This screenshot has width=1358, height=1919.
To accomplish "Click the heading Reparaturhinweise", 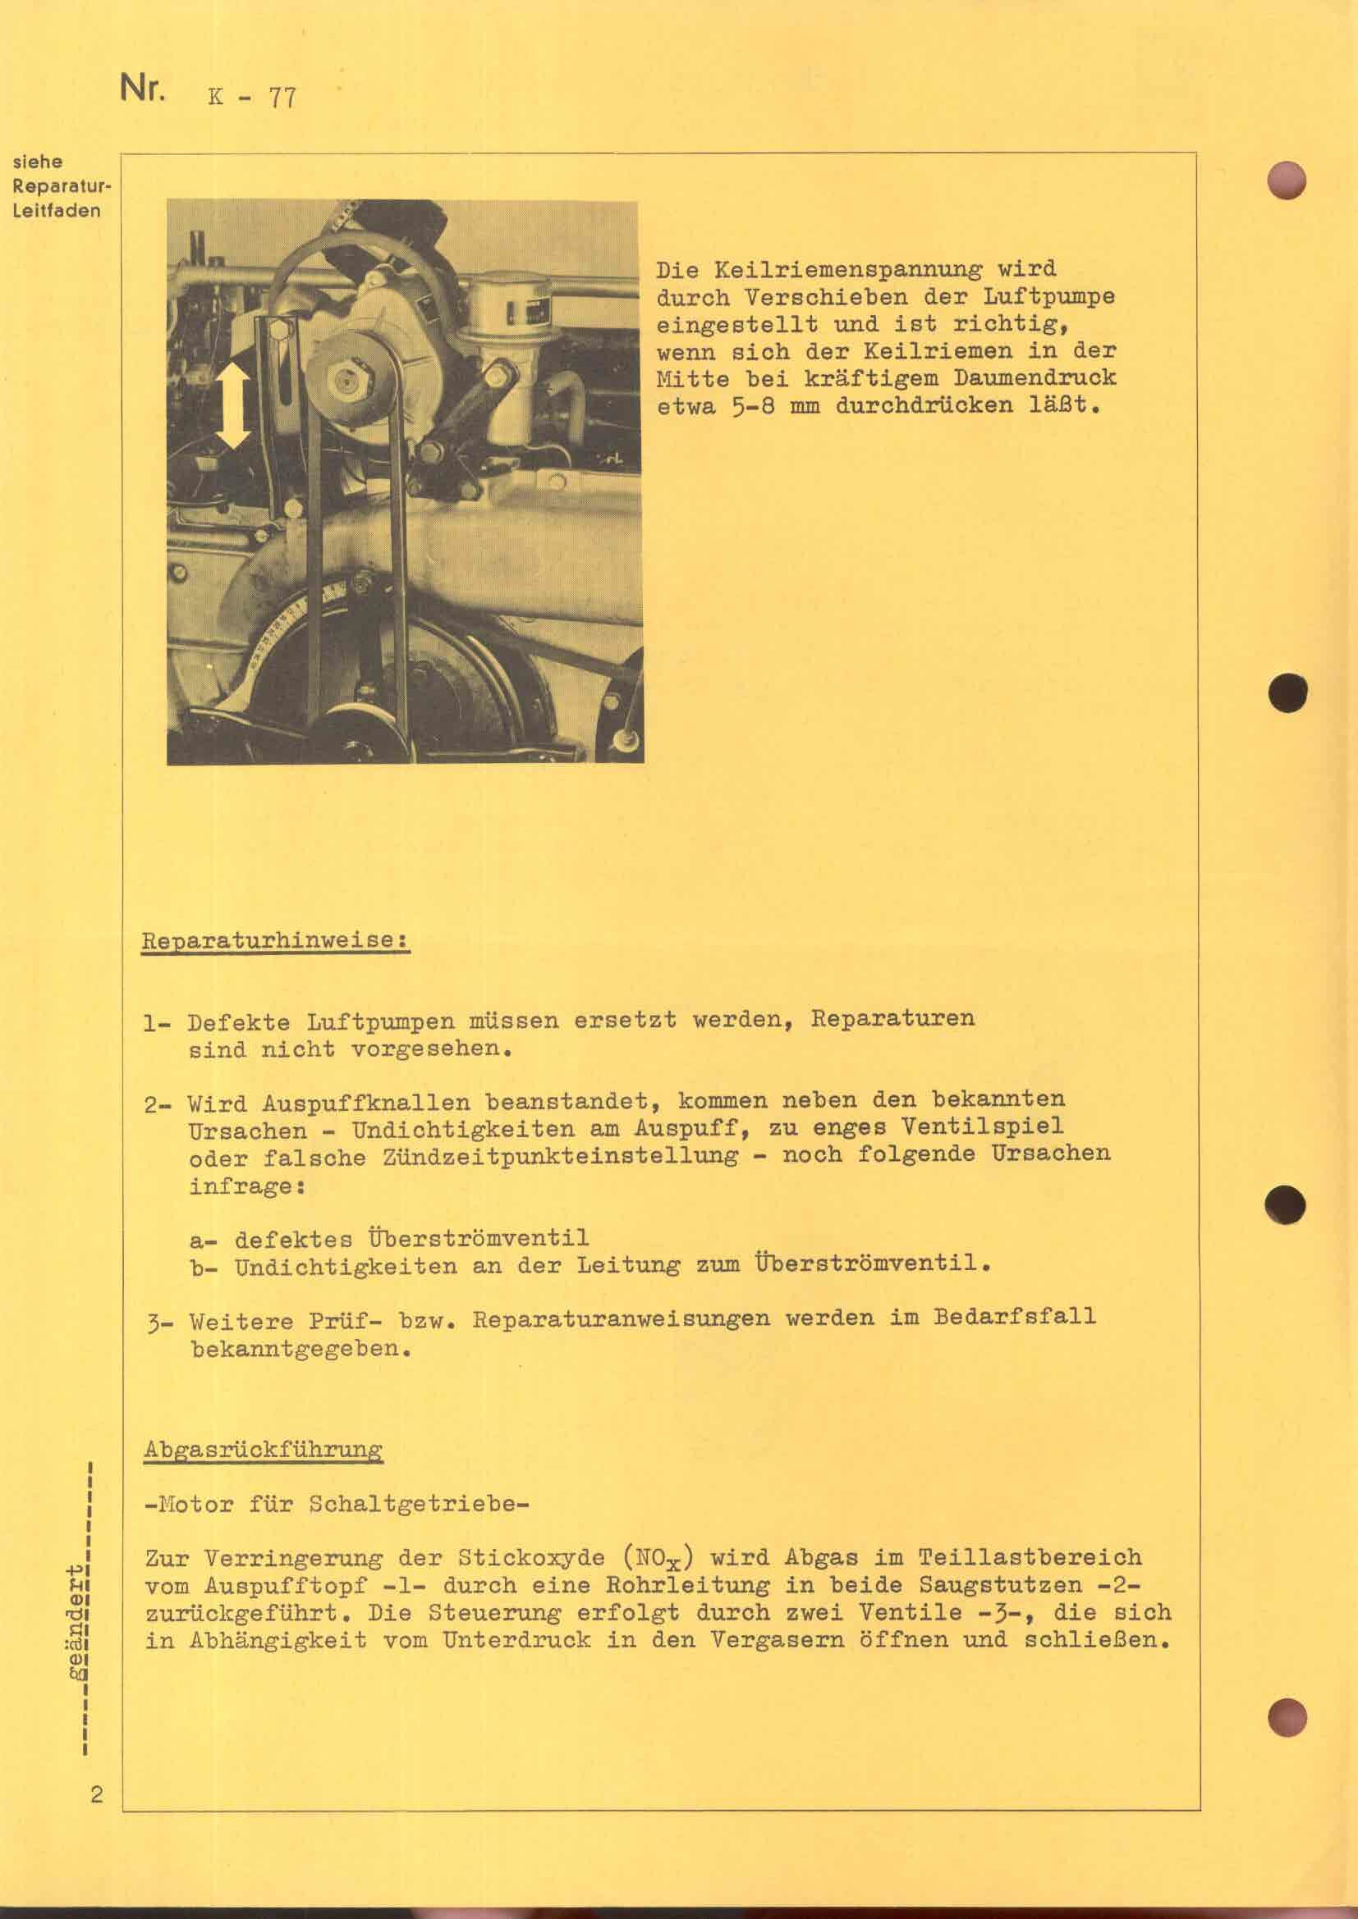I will pos(274,939).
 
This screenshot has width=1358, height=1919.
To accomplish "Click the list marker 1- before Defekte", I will pos(157,1023).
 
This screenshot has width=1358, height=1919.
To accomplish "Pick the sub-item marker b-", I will pos(204,1267).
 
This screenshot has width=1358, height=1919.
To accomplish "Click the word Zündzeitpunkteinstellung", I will pos(560,1158).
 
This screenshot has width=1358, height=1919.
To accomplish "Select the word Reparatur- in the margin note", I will pos(62,185).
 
